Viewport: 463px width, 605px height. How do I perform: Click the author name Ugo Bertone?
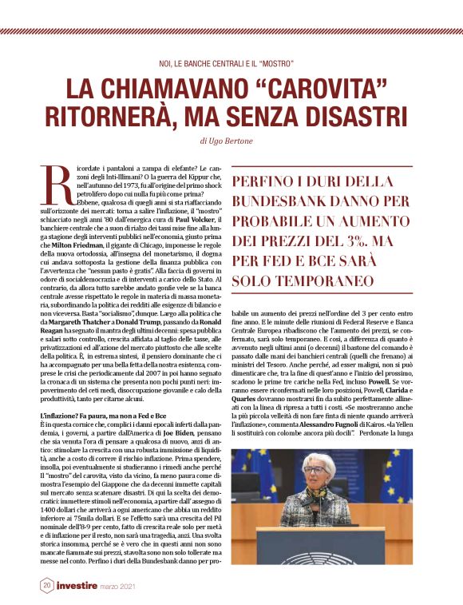[238, 141]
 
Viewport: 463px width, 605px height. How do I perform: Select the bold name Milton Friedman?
[84, 245]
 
